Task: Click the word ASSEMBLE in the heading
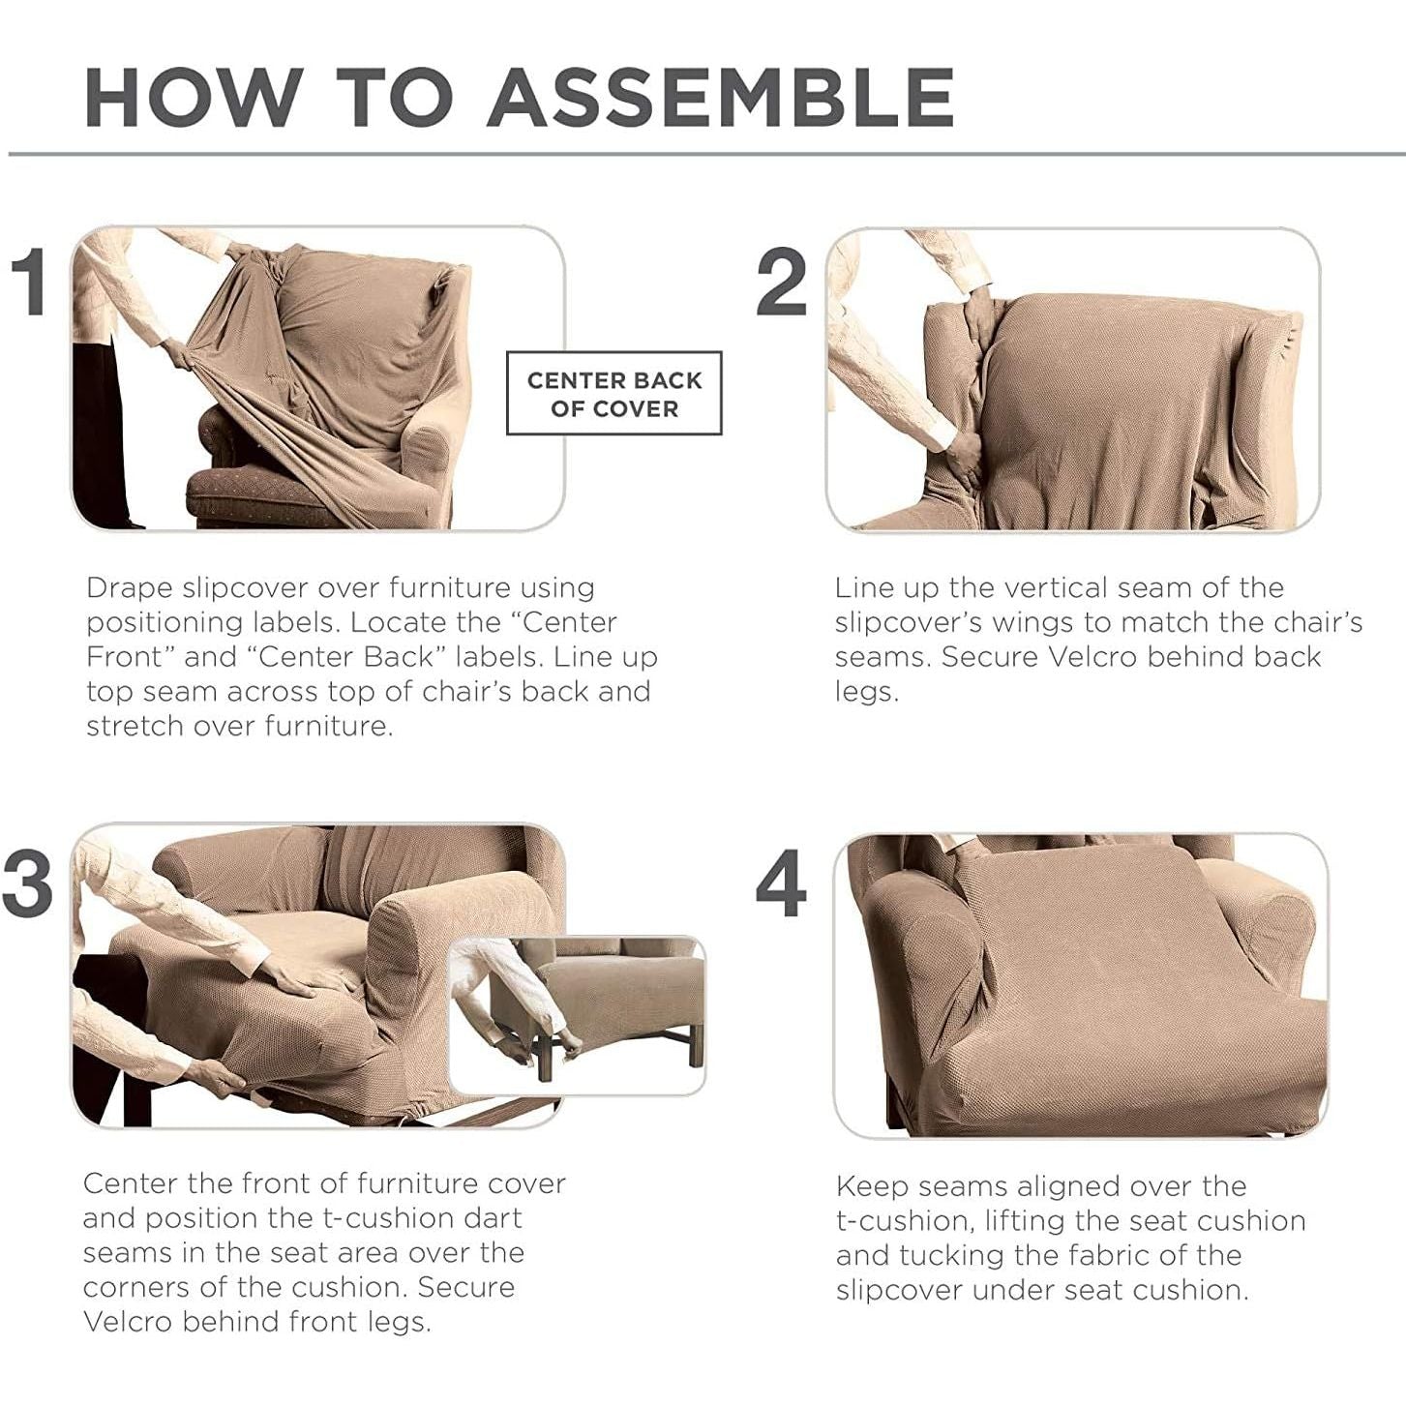point(721,97)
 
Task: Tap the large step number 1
point(32,282)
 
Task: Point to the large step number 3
point(27,883)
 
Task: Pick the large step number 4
point(781,883)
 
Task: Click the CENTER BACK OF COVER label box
point(614,394)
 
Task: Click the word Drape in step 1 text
point(129,588)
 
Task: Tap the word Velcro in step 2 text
point(1093,657)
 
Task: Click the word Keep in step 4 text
point(871,1187)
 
